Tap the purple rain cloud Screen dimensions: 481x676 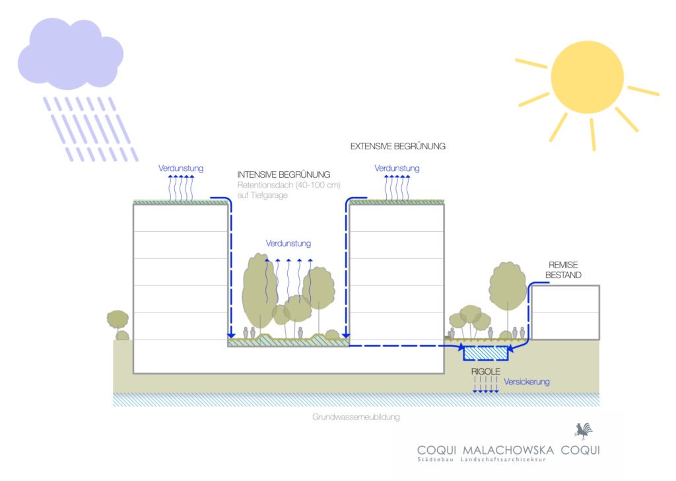tap(69, 56)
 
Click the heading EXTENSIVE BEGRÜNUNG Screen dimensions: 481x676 tap(397, 146)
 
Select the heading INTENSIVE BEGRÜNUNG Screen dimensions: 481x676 tap(284, 174)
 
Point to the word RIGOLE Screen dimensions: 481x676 tap(485, 372)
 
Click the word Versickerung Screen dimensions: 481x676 tap(527, 382)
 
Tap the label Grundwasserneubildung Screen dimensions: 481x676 tap(356, 418)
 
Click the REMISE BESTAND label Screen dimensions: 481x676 tap(565, 270)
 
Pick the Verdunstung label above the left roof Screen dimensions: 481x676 tap(180, 168)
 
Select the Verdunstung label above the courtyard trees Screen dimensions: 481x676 tap(288, 244)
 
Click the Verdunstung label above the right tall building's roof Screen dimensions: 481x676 tap(397, 168)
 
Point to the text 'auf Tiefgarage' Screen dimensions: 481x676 tap(262, 196)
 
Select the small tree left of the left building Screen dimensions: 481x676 tap(118, 320)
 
